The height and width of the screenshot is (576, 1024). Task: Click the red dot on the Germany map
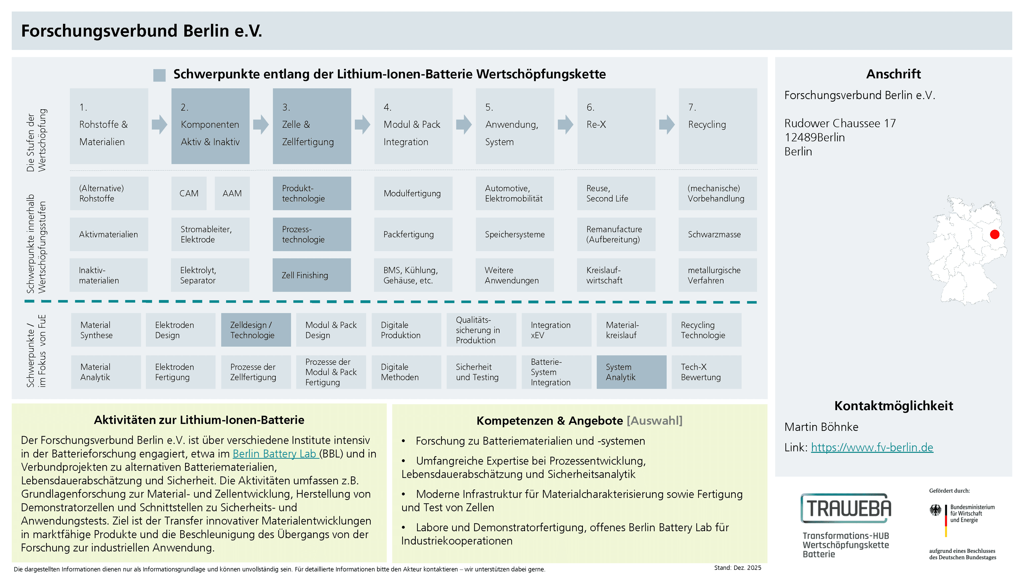995,235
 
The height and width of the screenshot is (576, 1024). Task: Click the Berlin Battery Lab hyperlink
275,454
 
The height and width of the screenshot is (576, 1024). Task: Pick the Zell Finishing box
312,275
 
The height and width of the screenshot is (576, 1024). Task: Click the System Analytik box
631,372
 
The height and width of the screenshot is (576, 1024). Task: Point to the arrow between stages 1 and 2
160,125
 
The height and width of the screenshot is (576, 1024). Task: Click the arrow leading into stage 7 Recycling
667,125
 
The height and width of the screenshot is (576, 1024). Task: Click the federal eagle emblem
935,510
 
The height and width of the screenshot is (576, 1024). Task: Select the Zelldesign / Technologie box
256,330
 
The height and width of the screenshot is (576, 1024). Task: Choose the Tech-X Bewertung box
706,372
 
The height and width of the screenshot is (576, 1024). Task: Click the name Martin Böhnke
821,427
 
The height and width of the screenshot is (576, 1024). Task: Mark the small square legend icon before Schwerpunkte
159,75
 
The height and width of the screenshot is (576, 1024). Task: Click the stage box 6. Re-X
616,126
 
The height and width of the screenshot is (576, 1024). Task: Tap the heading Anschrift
893,74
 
